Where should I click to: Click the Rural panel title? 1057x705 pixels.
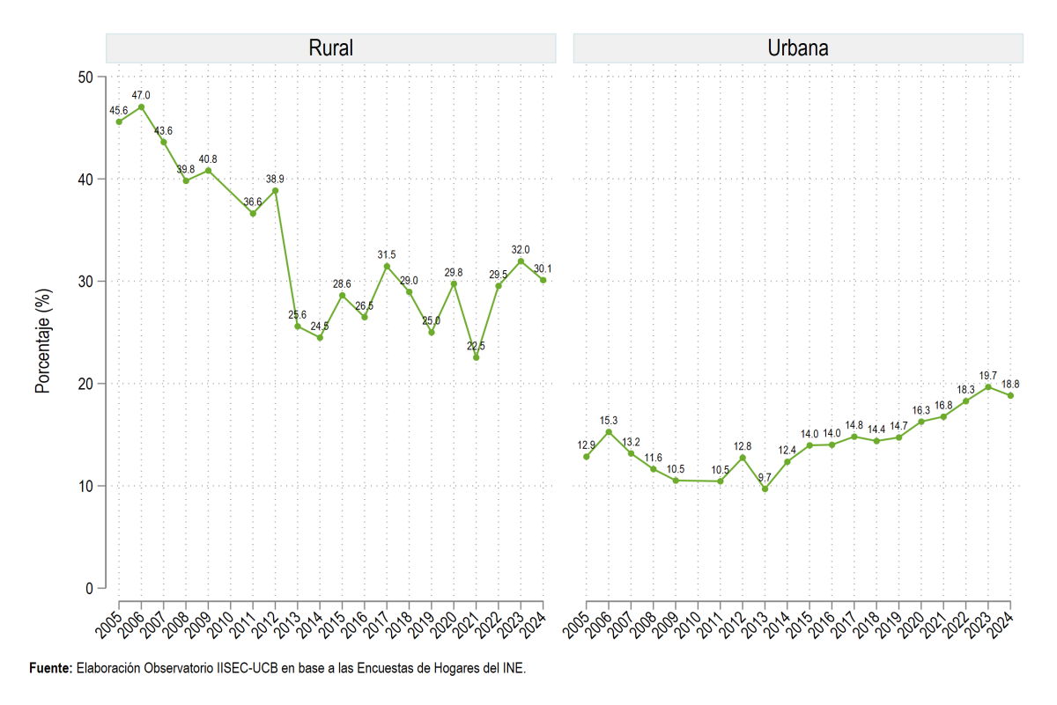pos(331,48)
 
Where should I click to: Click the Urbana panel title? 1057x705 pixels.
pos(798,48)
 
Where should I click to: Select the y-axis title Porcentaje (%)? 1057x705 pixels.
pos(43,341)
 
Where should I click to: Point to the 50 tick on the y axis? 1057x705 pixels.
pos(85,77)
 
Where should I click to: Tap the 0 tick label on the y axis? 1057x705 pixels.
pos(89,589)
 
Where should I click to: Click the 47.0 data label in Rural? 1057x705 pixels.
pos(141,95)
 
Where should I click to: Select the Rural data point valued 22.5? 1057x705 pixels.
pos(477,358)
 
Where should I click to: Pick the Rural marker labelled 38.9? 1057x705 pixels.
pos(275,191)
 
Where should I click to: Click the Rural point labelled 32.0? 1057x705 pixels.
pos(521,261)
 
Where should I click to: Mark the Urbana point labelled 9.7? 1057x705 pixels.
pos(765,489)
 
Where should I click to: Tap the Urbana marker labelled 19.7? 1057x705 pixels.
pos(988,386)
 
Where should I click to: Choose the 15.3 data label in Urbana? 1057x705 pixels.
pos(609,420)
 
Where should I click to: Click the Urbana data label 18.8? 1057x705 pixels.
pos(1010,385)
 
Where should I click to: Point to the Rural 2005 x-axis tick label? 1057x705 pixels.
pos(108,625)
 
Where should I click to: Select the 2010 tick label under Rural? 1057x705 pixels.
pos(220,625)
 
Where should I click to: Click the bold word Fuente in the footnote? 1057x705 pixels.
pos(51,668)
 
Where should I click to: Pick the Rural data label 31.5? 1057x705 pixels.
pos(387,254)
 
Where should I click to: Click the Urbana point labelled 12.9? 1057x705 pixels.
pos(586,457)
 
